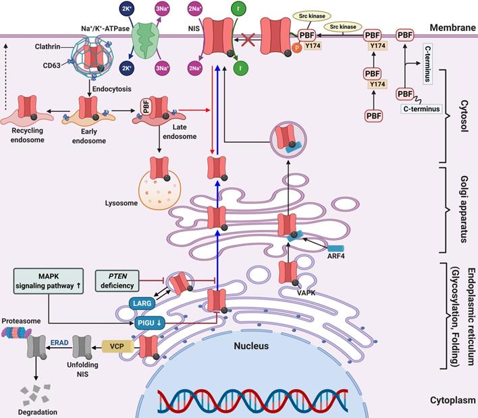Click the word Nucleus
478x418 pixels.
250,346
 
